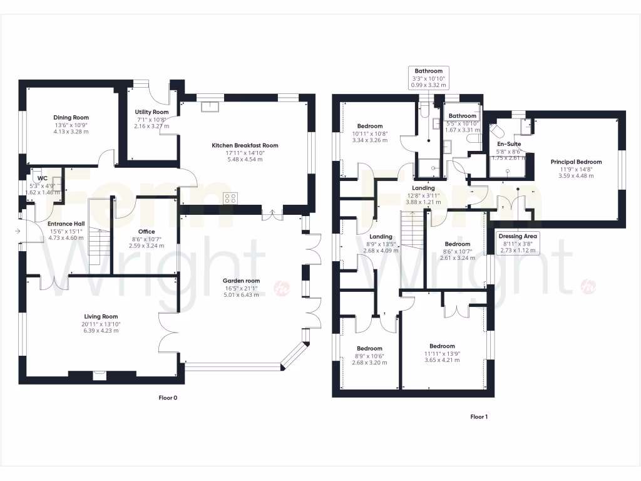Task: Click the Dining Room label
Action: (x=71, y=117)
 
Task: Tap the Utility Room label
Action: (x=151, y=112)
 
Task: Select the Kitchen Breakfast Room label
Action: (x=245, y=145)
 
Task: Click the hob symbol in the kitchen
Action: (x=230, y=199)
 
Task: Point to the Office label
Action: (x=146, y=232)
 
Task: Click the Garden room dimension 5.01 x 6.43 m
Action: (x=244, y=294)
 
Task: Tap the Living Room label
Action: (x=101, y=317)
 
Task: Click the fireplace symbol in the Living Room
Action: (x=98, y=376)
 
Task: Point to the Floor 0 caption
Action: (x=168, y=397)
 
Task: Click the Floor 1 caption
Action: (x=478, y=416)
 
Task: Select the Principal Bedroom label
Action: (x=576, y=162)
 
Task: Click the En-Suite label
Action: (x=509, y=144)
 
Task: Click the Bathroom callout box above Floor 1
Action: (x=428, y=78)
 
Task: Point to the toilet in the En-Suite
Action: (x=499, y=130)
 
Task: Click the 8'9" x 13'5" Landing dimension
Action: (x=381, y=244)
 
